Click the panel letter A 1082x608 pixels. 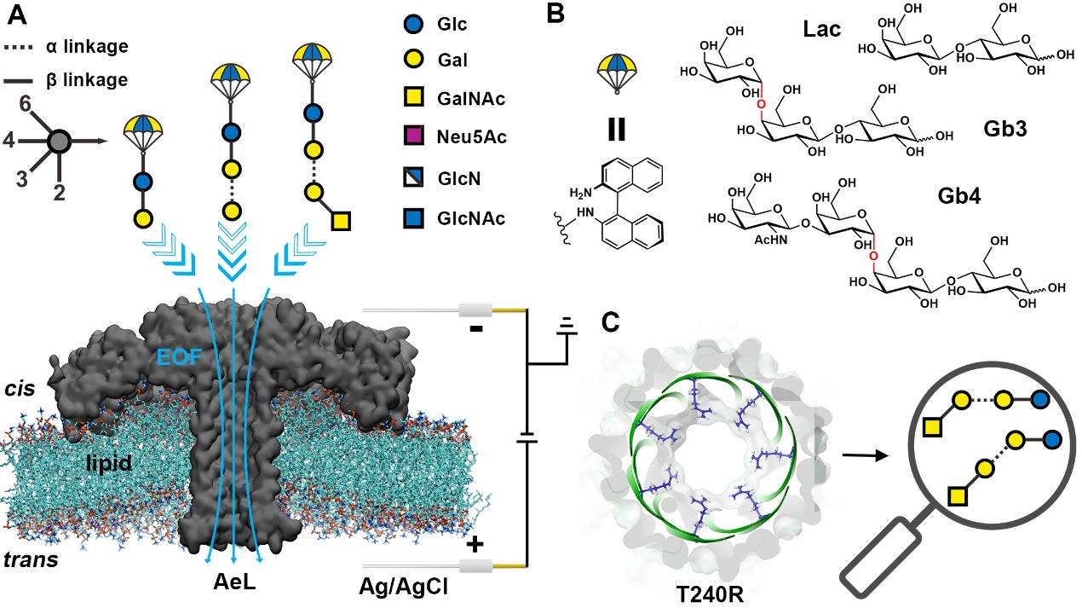[x=18, y=15]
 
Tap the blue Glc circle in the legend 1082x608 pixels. [x=413, y=24]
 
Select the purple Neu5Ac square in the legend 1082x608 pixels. [x=413, y=136]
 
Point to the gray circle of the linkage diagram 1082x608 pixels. [x=59, y=141]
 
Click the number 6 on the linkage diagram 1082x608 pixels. [x=25, y=104]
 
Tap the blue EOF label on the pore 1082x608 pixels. [x=180, y=357]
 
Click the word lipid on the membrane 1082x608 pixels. [x=109, y=463]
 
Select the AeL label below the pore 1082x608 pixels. [x=234, y=582]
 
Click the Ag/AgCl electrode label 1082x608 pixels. [x=404, y=587]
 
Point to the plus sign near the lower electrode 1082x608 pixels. [x=475, y=545]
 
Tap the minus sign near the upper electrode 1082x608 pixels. [x=475, y=329]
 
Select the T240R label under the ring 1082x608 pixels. [x=709, y=594]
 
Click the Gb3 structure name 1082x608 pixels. [x=1004, y=129]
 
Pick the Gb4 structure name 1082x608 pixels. [x=958, y=196]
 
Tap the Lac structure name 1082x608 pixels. [x=821, y=29]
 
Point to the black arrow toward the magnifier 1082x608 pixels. [x=865, y=455]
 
